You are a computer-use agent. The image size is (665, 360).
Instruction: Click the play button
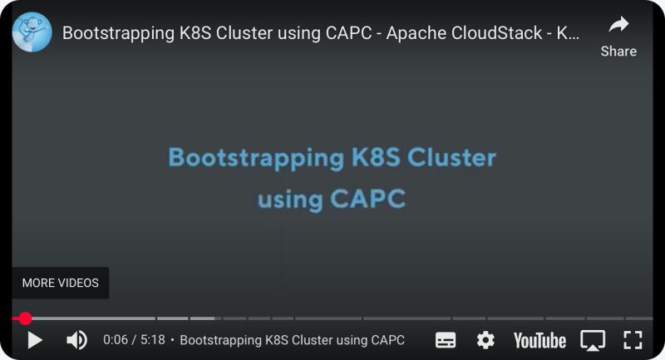[34, 340]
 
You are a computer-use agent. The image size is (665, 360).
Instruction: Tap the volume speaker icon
[76, 340]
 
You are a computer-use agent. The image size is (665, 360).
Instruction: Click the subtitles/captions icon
[446, 340]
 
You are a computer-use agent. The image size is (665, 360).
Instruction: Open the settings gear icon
[485, 340]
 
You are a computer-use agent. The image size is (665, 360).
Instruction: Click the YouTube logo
[539, 340]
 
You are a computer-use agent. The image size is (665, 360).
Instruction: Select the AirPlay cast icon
[593, 340]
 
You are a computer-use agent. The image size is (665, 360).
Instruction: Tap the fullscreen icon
[633, 340]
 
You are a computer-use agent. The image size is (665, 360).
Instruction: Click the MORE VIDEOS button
[60, 283]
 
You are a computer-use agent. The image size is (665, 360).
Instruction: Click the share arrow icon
[618, 24]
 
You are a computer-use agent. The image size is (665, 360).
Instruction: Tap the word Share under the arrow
[618, 51]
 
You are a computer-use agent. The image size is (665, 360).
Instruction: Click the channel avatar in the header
[32, 33]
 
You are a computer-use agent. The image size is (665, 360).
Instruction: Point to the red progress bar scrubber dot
[26, 318]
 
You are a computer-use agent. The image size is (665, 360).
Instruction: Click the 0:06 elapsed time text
[116, 340]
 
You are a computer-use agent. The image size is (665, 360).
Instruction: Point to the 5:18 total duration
[152, 340]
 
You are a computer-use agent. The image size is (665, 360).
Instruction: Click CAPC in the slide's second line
[368, 200]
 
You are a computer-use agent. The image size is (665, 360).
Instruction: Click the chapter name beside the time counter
[292, 340]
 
